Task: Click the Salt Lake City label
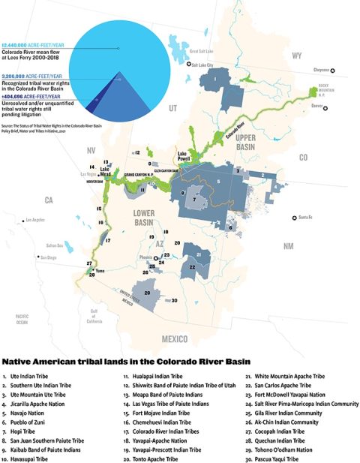click(203, 65)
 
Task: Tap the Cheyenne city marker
click(334, 71)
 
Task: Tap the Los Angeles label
click(37, 221)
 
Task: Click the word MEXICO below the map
click(175, 339)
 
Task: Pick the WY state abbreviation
click(296, 56)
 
